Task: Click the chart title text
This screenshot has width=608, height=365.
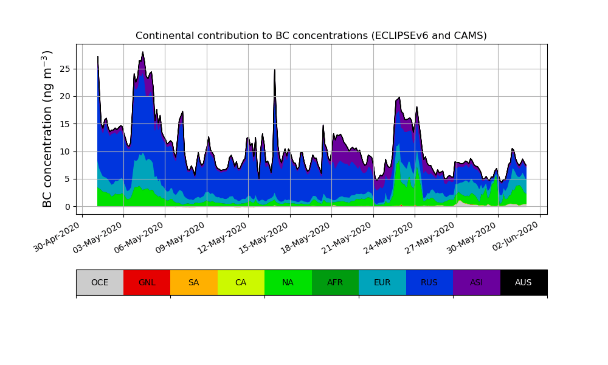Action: pyautogui.click(x=311, y=36)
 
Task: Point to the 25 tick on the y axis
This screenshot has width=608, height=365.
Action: pyautogui.click(x=65, y=69)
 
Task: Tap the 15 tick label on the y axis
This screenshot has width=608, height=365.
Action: pyautogui.click(x=65, y=124)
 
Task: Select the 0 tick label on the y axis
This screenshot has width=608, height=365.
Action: pyautogui.click(x=67, y=207)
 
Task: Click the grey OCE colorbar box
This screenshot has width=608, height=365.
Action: pyautogui.click(x=100, y=282)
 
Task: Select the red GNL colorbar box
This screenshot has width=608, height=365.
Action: pyautogui.click(x=147, y=282)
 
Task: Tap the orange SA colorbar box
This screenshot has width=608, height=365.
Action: pyautogui.click(x=194, y=282)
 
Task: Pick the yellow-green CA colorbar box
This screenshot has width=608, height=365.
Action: pyautogui.click(x=241, y=282)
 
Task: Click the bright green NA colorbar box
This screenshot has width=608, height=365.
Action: pyautogui.click(x=288, y=282)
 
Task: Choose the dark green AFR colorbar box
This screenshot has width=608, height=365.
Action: pyautogui.click(x=335, y=282)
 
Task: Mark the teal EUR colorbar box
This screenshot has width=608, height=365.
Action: pyautogui.click(x=382, y=282)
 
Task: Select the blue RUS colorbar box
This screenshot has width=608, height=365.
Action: pyautogui.click(x=429, y=282)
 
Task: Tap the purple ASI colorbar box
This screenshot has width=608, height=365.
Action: pyautogui.click(x=477, y=282)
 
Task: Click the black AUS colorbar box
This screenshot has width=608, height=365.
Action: pyautogui.click(x=523, y=282)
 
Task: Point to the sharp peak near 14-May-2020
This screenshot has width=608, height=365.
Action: pyautogui.click(x=275, y=71)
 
